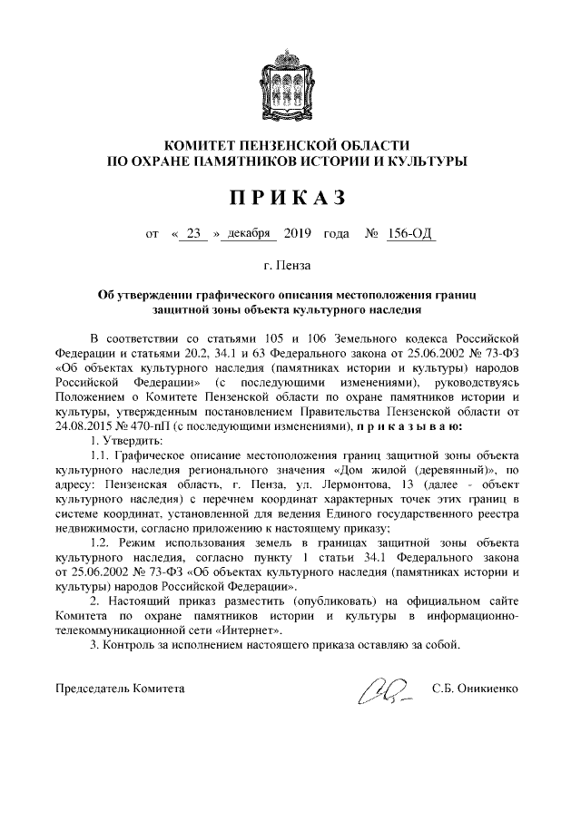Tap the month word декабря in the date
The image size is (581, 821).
[x=247, y=234]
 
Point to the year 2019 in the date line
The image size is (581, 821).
[x=298, y=234]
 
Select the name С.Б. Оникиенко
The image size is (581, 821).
[x=476, y=689]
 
